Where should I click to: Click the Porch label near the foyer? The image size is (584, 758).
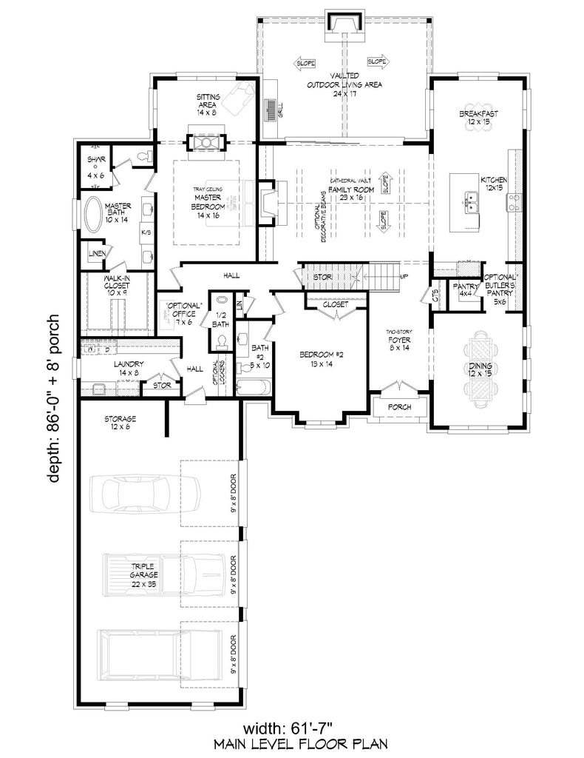[x=399, y=408]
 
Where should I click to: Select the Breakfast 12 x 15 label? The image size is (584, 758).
[x=478, y=117]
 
